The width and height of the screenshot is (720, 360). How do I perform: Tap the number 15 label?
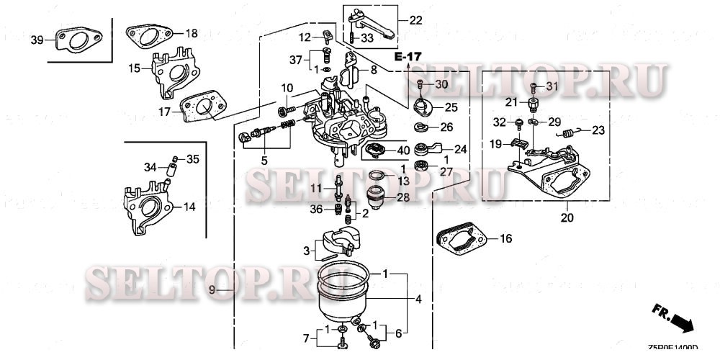[135, 68]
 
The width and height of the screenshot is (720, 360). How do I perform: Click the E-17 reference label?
[408, 56]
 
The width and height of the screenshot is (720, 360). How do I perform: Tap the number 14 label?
[189, 207]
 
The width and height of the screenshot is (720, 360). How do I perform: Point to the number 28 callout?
[402, 197]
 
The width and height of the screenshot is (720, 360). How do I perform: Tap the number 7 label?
[305, 338]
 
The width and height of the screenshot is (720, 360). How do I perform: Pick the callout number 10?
[287, 88]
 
